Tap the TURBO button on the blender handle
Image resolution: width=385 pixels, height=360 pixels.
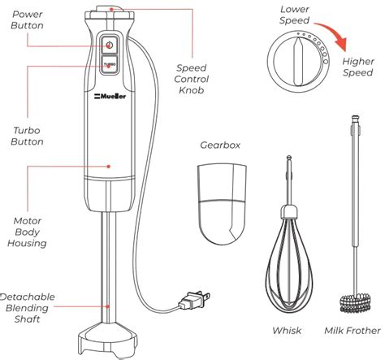point(109,65)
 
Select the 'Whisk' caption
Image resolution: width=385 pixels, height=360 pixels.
point(287,330)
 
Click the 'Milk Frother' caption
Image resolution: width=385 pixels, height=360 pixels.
point(351,330)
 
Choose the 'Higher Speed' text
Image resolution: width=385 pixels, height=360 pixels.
point(358,67)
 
